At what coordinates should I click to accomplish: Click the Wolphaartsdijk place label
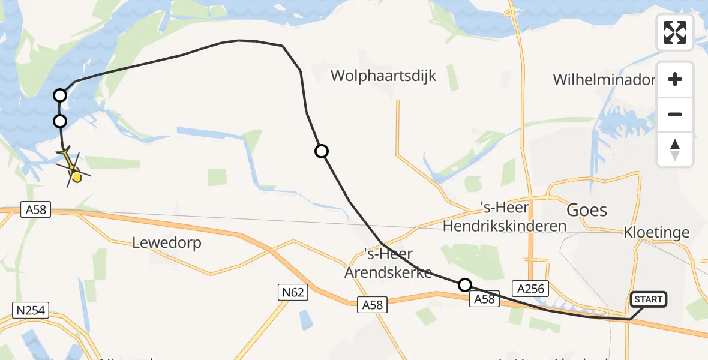tap(384, 76)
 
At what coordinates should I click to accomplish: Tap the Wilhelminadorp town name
tap(604, 79)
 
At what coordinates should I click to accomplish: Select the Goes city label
tap(587, 211)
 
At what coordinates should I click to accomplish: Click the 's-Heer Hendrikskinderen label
tap(504, 217)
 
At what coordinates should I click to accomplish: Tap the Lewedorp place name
tap(167, 243)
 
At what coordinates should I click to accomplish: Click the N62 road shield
tap(293, 292)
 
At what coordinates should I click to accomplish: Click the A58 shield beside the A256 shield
tap(484, 299)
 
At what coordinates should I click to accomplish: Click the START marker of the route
tap(648, 299)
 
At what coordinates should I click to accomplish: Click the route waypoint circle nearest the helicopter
tap(60, 121)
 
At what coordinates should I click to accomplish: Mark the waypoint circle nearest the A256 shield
tap(464, 285)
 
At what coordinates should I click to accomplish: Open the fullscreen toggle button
tap(675, 32)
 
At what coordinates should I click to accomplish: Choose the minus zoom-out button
tap(675, 114)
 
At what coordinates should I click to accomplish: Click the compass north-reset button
tap(675, 149)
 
